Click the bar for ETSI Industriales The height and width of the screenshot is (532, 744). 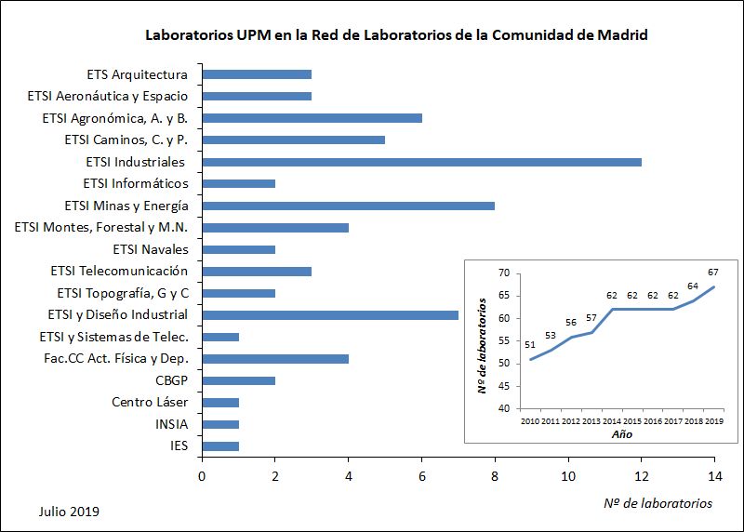pos(421,162)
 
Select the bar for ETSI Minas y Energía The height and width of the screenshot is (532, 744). pos(348,206)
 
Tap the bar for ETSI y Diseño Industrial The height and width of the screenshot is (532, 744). pos(330,314)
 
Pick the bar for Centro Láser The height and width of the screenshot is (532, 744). pos(220,402)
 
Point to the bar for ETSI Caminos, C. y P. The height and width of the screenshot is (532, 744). pos(293,140)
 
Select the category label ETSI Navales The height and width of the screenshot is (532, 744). pos(151,249)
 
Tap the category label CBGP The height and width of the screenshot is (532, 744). pos(171,380)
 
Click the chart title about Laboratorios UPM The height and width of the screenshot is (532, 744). pos(396,35)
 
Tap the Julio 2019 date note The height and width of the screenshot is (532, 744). pos(70,512)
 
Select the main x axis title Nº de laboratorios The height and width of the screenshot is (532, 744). pos(658,503)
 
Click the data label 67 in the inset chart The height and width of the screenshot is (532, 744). pos(714,273)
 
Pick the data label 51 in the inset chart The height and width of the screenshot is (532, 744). pos(530,345)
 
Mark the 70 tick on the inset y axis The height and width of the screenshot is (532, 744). pos(503,273)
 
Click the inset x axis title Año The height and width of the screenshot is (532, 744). pos(621,434)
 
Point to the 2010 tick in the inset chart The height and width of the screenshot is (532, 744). pos(530,421)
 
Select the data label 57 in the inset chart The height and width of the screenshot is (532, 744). pos(591,317)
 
